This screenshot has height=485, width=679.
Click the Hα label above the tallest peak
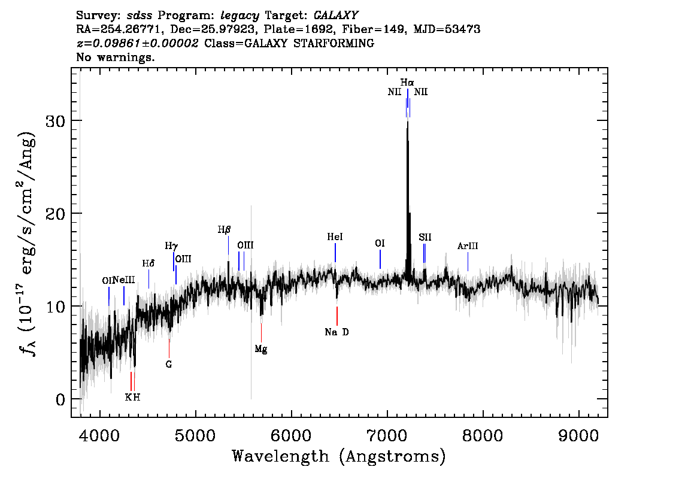pos(407,82)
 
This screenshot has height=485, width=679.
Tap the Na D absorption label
pos(337,332)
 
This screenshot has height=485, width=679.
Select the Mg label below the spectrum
pos(261,349)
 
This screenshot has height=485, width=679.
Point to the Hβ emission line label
pos(225,229)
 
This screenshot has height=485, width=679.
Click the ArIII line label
pos(468,246)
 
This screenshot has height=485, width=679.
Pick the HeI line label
pos(335,237)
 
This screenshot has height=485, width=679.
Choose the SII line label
pos(425,237)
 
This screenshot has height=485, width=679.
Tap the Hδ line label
pos(148,263)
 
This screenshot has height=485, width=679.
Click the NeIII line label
pos(125,280)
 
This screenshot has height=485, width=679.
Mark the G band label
pos(169,364)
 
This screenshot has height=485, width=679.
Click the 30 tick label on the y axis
pos(56,121)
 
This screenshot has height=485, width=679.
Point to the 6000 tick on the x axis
pos(292,435)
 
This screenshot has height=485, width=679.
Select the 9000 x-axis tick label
pos(578,435)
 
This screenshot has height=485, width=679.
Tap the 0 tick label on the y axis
pos(60,399)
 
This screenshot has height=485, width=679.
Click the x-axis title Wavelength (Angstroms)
pos(339,456)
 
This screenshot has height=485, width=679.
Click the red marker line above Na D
pos(337,316)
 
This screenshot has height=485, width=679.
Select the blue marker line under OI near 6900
pos(380,259)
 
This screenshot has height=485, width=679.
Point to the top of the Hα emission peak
pos(407,122)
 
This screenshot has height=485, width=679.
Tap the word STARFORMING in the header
pos(334,43)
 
